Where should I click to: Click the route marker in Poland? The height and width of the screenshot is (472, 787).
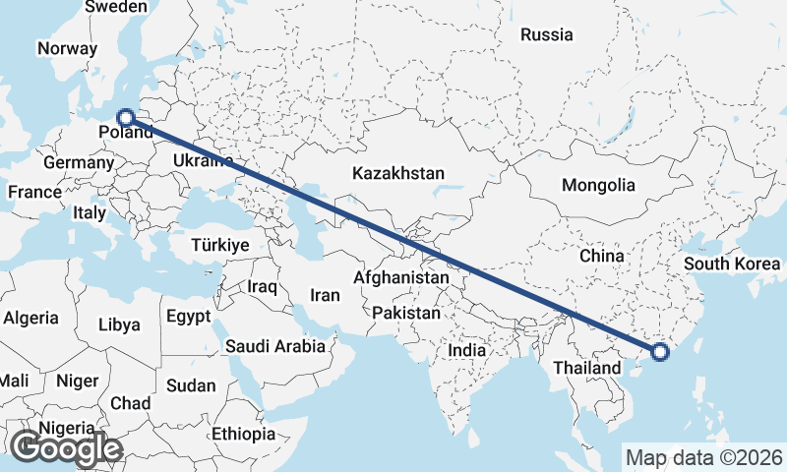[125, 117]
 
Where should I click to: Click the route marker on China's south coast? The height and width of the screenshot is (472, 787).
[659, 351]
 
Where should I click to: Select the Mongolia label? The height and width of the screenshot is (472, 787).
[598, 185]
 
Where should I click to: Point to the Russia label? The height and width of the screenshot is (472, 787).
[546, 34]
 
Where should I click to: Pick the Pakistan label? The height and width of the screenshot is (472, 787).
[406, 312]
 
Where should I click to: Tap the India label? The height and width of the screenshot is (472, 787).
[466, 350]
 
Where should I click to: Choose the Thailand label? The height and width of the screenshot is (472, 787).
[586, 368]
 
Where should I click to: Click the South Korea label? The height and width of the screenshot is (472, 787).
[732, 264]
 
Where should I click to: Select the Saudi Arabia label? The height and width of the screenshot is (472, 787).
[274, 346]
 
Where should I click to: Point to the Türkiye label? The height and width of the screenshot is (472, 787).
[220, 245]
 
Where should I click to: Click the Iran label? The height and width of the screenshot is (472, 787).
[325, 295]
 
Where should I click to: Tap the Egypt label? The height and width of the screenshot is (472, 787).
[188, 317]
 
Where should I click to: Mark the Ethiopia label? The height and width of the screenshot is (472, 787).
[243, 434]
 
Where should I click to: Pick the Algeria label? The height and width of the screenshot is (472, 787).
[30, 319]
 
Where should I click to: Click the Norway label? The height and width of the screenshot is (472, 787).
[67, 48]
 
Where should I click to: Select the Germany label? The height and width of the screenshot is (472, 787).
[79, 163]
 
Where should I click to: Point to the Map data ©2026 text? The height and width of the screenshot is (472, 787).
[703, 457]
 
